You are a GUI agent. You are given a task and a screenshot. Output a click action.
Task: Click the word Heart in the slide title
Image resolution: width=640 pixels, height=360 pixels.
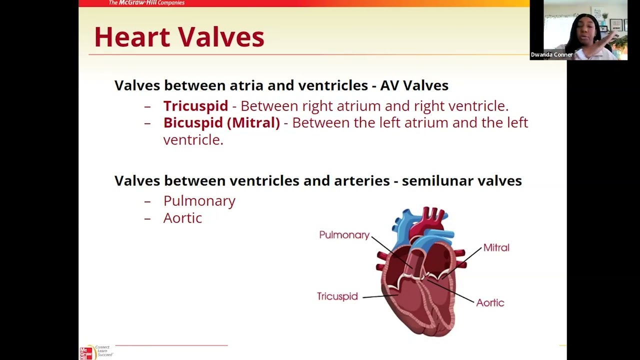pyautogui.click(x=131, y=37)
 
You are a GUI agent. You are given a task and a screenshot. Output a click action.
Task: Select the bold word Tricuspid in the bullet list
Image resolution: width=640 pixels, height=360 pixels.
pyautogui.click(x=195, y=106)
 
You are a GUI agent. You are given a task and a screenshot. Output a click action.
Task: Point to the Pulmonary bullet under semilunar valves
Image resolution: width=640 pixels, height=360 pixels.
pyautogui.click(x=199, y=201)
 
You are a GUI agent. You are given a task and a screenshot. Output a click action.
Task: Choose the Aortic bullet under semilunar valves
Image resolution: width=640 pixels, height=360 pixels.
pyautogui.click(x=182, y=218)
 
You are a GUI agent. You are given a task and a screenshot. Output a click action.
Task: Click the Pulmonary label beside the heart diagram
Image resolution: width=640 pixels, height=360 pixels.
pyautogui.click(x=344, y=235)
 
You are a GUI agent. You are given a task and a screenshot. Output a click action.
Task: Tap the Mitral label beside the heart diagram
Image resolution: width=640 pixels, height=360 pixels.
pyautogui.click(x=496, y=247)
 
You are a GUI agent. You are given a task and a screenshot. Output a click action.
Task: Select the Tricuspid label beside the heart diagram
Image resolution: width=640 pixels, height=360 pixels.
pyautogui.click(x=337, y=296)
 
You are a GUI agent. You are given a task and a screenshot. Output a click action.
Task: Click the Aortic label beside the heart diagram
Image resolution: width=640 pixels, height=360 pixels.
pyautogui.click(x=490, y=302)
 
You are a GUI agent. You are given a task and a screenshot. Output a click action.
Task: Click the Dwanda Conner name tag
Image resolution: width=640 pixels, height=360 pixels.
pyautogui.click(x=551, y=54)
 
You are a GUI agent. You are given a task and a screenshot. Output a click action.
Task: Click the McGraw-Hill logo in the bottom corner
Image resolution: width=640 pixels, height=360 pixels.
pyautogui.click(x=87, y=352)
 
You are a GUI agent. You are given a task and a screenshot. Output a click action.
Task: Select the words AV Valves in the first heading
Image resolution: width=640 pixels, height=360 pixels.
pyautogui.click(x=414, y=85)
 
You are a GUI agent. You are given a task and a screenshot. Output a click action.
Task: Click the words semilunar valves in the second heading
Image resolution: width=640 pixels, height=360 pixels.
pyautogui.click(x=461, y=181)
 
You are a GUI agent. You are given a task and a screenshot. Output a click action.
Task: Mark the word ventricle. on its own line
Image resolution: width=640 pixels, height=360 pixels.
pyautogui.click(x=193, y=140)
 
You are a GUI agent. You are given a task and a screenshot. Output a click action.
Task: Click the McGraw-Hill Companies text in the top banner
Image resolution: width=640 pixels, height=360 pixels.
pyautogui.click(x=146, y=3)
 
